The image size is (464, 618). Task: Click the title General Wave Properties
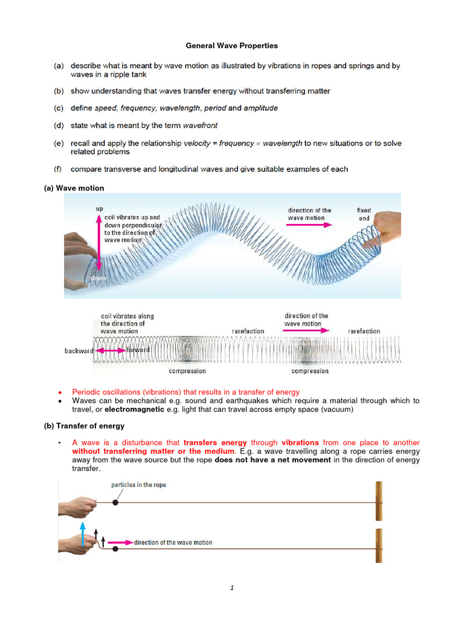pyautogui.click(x=231, y=45)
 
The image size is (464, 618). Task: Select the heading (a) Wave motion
pyautogui.click(x=74, y=188)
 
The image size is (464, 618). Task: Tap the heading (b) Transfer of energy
pyautogui.click(x=84, y=425)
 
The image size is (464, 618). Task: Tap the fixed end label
pyautogui.click(x=364, y=215)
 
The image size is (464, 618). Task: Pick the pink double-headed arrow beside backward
pyautogui.click(x=112, y=351)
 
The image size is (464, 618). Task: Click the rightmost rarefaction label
pyautogui.click(x=364, y=331)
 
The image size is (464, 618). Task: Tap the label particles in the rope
pyautogui.click(x=138, y=485)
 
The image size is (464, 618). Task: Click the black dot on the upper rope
pyautogui.click(x=115, y=502)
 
